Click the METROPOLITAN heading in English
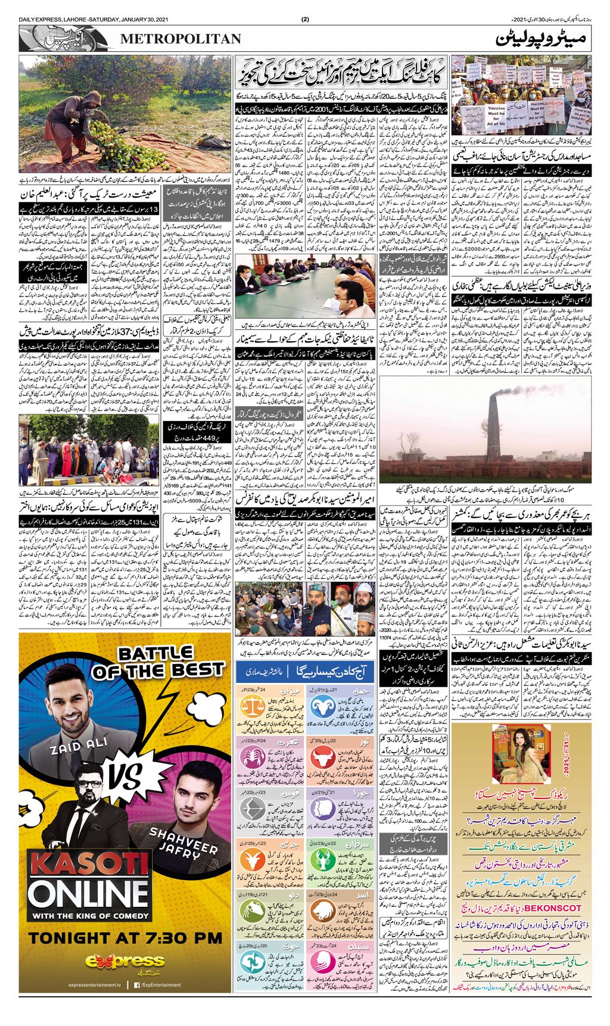tap(181, 39)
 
